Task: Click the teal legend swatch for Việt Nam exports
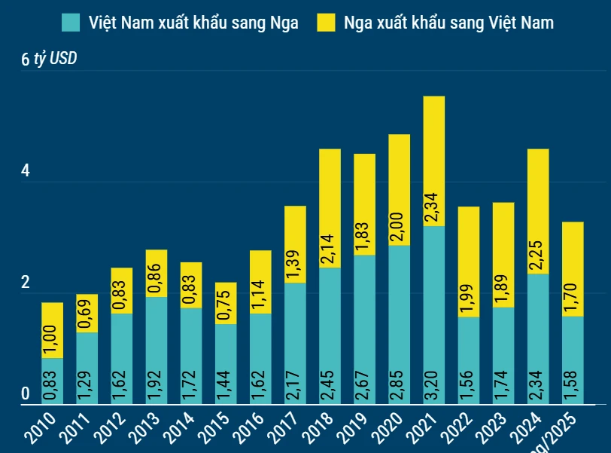point(70,23)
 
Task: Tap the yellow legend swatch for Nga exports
point(325,23)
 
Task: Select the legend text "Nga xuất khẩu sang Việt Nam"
point(448,23)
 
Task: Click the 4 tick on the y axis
point(25,172)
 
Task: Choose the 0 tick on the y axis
point(25,394)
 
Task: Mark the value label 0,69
point(87,311)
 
